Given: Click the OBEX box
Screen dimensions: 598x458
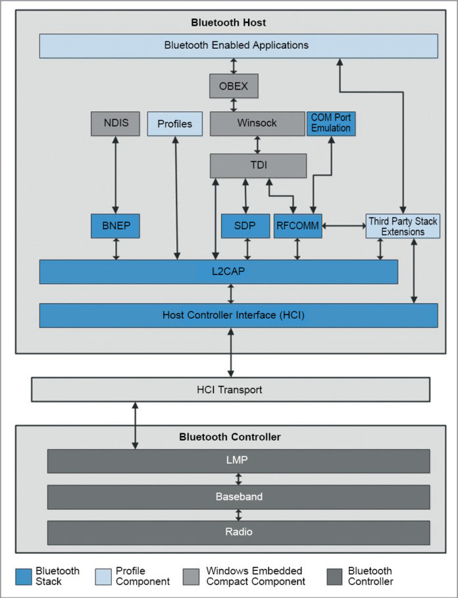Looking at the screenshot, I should click(234, 86).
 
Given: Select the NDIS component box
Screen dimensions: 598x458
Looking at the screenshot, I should click(115, 124).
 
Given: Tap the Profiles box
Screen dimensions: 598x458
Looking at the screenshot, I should click(174, 124).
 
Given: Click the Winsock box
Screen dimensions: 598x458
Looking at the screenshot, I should click(257, 124).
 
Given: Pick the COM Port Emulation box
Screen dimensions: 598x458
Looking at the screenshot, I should click(331, 123).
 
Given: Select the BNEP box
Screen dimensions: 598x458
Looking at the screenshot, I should click(115, 226).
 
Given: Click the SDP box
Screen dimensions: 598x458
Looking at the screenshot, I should click(245, 226).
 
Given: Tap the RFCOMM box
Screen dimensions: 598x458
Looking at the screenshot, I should click(297, 226).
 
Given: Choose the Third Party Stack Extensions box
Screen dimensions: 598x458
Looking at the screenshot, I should click(403, 226).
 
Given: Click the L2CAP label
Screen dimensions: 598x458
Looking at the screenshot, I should click(218, 272).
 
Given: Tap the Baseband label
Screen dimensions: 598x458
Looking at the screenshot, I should click(238, 497).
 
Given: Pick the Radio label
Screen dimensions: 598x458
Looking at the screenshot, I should click(238, 532).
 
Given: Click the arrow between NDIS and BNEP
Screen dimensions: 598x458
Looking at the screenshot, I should click(116, 175).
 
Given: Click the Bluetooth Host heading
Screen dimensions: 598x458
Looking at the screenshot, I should click(228, 22).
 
